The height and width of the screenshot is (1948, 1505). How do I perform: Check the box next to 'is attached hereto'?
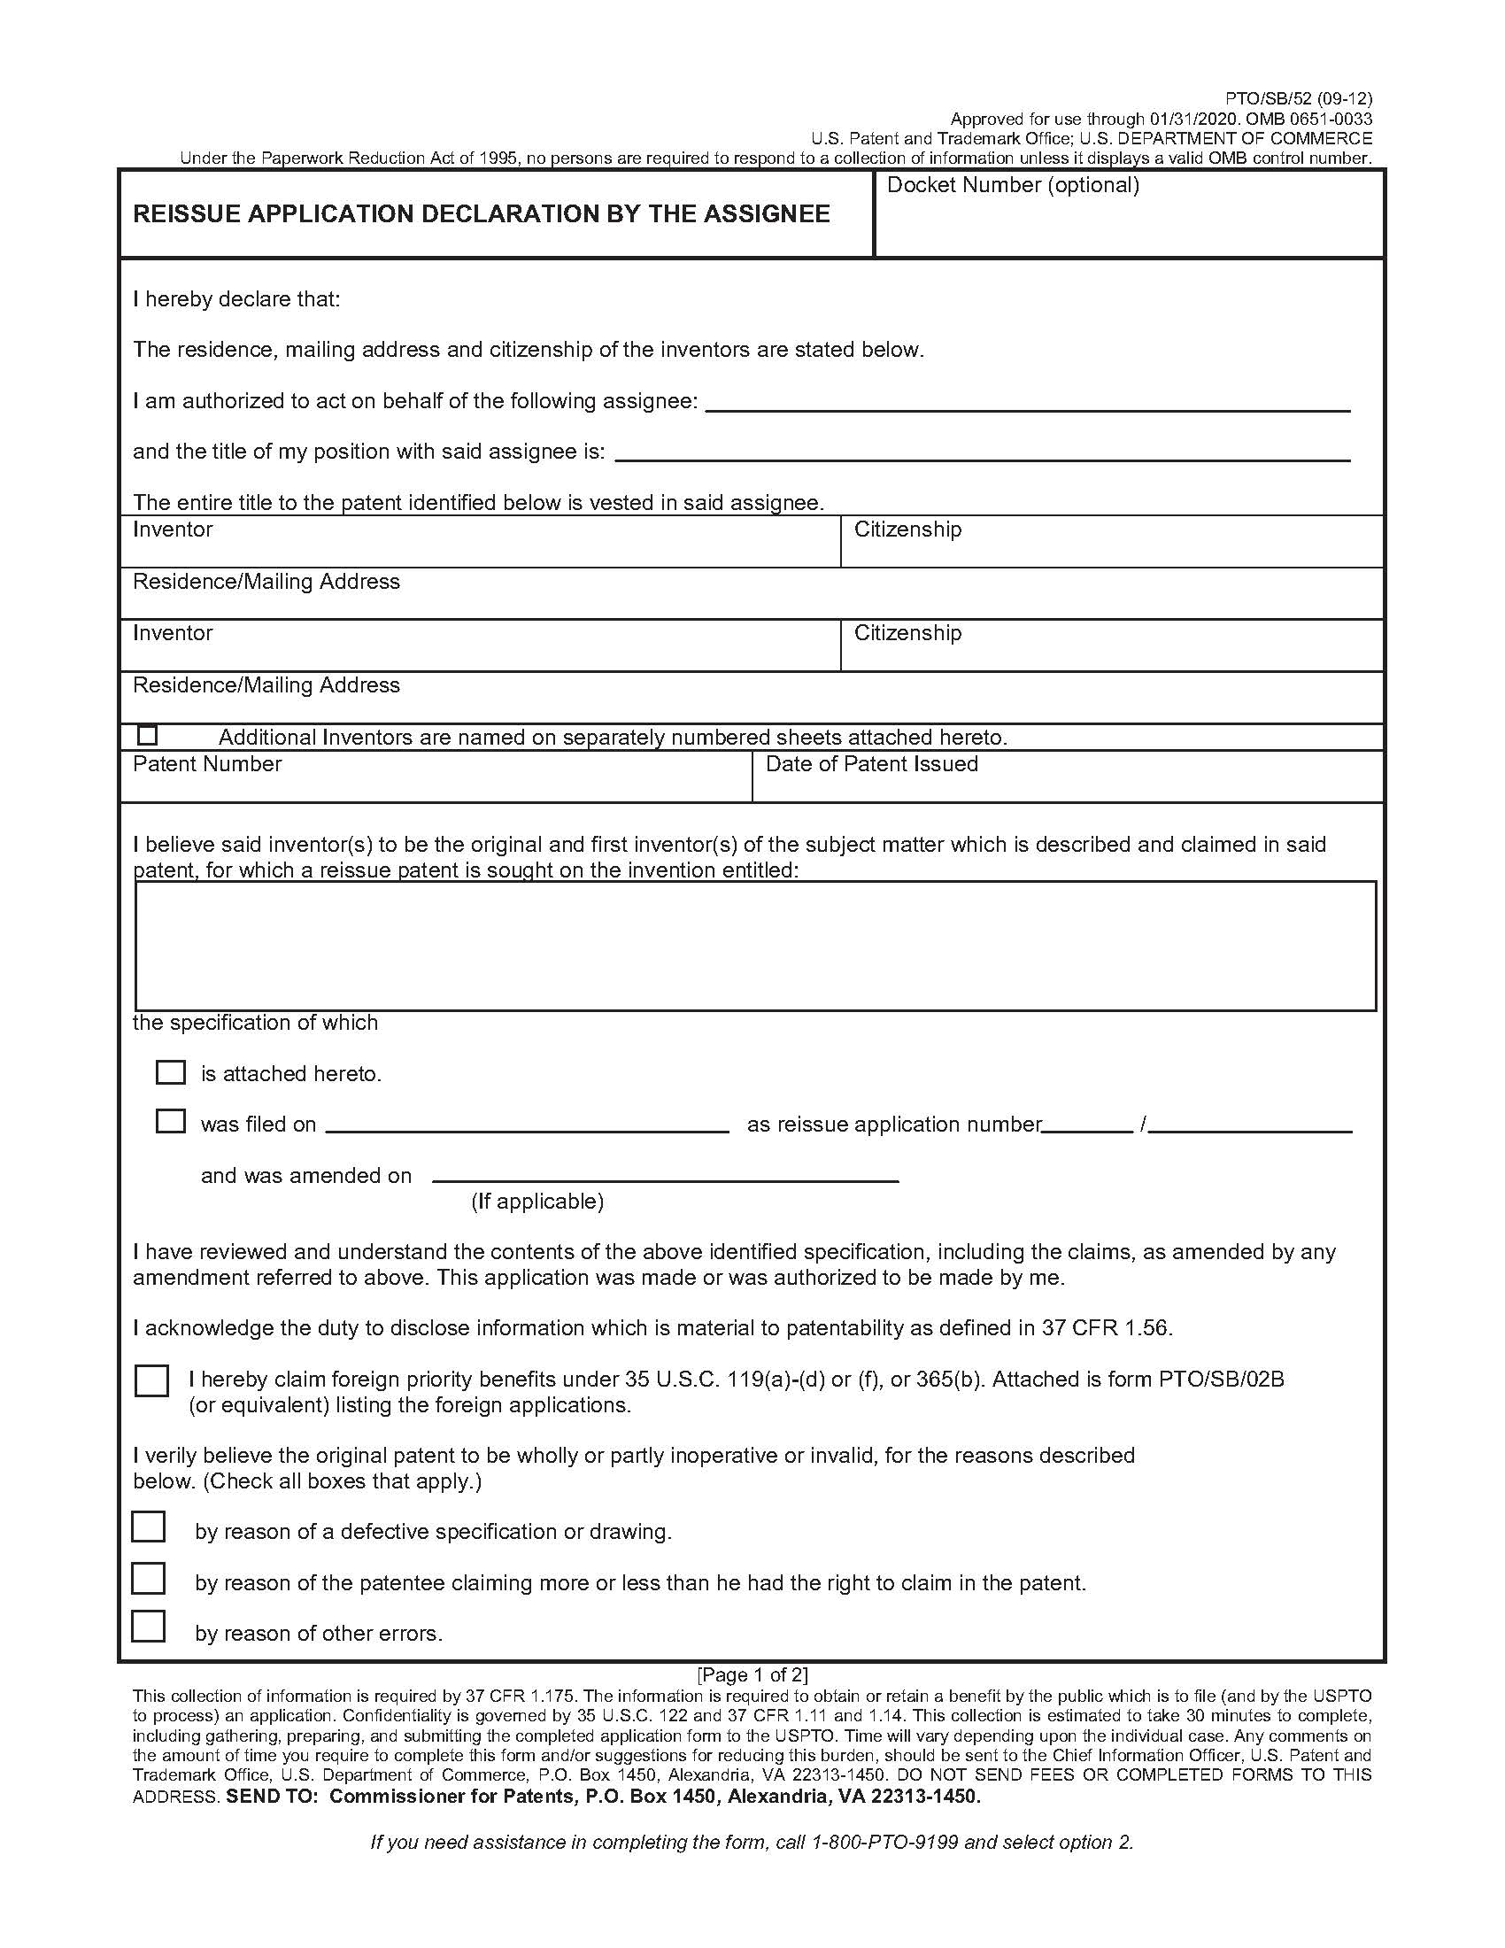[170, 1072]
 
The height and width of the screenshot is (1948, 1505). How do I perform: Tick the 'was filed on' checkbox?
[170, 1121]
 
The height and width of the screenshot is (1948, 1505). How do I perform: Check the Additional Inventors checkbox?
[148, 736]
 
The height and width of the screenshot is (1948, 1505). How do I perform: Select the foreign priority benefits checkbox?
[151, 1380]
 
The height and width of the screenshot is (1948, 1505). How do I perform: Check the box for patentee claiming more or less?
[149, 1578]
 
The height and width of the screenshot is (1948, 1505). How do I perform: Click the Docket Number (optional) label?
[1013, 186]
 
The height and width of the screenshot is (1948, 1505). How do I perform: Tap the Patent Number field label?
[207, 764]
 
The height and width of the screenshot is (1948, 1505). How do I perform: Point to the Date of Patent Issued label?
[871, 764]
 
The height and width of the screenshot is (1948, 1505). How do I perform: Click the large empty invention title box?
[755, 947]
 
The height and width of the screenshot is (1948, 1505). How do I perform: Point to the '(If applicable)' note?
[537, 1202]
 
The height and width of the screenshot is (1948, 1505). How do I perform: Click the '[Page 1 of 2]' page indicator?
[752, 1674]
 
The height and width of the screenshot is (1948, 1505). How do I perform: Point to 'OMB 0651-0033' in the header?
[1308, 120]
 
